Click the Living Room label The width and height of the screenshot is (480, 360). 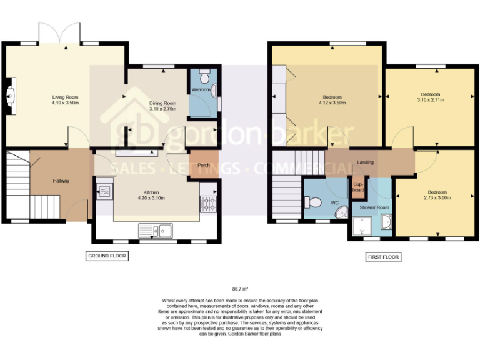point(65,97)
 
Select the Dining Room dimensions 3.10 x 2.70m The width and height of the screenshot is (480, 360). point(162,109)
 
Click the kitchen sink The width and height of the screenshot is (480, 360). point(157,231)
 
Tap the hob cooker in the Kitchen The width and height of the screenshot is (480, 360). point(207,202)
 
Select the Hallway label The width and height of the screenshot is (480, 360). point(61,181)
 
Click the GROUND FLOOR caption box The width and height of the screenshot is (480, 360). point(106,256)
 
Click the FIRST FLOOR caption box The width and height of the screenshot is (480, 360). point(382,257)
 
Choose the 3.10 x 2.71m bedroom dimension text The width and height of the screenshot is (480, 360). point(429,99)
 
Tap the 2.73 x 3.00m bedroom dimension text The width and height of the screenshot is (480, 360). point(437,197)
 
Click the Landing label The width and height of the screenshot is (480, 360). point(365,162)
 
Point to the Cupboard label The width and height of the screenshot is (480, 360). point(358,187)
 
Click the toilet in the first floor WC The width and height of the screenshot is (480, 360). point(313,202)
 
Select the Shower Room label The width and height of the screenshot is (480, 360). point(374,207)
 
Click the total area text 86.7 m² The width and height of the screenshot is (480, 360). point(241,289)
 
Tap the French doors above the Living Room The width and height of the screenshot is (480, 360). point(60,33)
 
